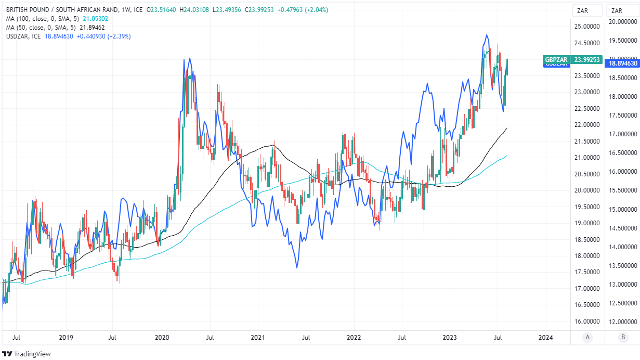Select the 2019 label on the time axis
click(x=66, y=337)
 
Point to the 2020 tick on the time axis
click(x=162, y=337)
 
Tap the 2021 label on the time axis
click(x=258, y=337)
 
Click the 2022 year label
click(x=354, y=337)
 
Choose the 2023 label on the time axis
click(x=450, y=337)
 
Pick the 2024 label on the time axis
click(x=546, y=337)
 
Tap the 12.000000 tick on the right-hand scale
click(x=623, y=322)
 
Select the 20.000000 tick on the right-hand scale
click(x=623, y=22)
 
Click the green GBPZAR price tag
click(x=572, y=60)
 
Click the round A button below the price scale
click(x=587, y=337)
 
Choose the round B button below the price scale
click(x=623, y=337)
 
